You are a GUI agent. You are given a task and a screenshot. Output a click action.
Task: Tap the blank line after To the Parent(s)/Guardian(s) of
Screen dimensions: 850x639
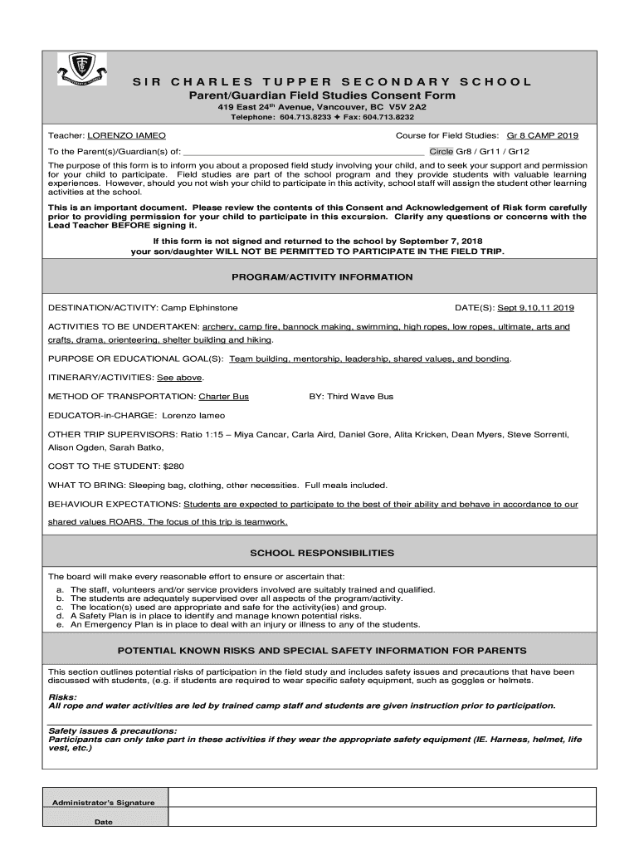(x=303, y=152)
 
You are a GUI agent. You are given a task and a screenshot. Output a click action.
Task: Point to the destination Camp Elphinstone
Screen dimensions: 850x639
(x=199, y=307)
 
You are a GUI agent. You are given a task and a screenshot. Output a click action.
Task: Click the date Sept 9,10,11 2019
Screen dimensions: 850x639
(x=535, y=307)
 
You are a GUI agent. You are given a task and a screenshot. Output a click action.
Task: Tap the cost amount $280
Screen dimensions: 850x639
(x=176, y=467)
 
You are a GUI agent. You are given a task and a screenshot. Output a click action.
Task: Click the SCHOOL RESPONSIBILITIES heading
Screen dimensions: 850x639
(x=322, y=553)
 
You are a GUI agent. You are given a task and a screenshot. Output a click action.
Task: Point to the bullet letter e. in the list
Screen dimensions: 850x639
(x=60, y=625)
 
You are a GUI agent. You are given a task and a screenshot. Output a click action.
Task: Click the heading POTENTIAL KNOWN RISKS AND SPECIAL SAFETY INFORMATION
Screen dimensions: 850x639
(x=322, y=651)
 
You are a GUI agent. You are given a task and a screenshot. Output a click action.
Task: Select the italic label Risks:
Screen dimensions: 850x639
(x=62, y=697)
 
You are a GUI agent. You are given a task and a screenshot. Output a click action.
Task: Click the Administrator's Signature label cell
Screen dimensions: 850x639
(x=104, y=803)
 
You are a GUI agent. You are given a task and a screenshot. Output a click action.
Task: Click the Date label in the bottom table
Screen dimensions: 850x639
(x=104, y=822)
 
